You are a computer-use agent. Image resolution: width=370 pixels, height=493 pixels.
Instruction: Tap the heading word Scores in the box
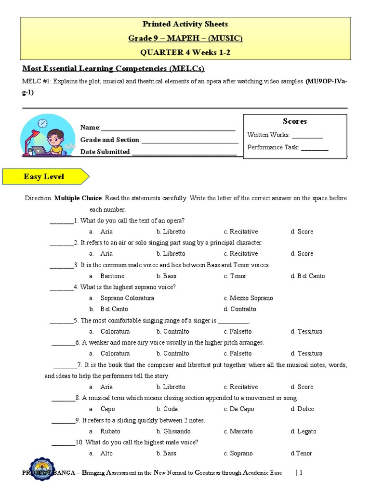(295, 121)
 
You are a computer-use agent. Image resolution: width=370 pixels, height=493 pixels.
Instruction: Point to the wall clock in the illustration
(43, 123)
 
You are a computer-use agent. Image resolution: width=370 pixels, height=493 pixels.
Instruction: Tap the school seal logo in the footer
(42, 470)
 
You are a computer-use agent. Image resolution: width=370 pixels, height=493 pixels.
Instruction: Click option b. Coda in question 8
(167, 409)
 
